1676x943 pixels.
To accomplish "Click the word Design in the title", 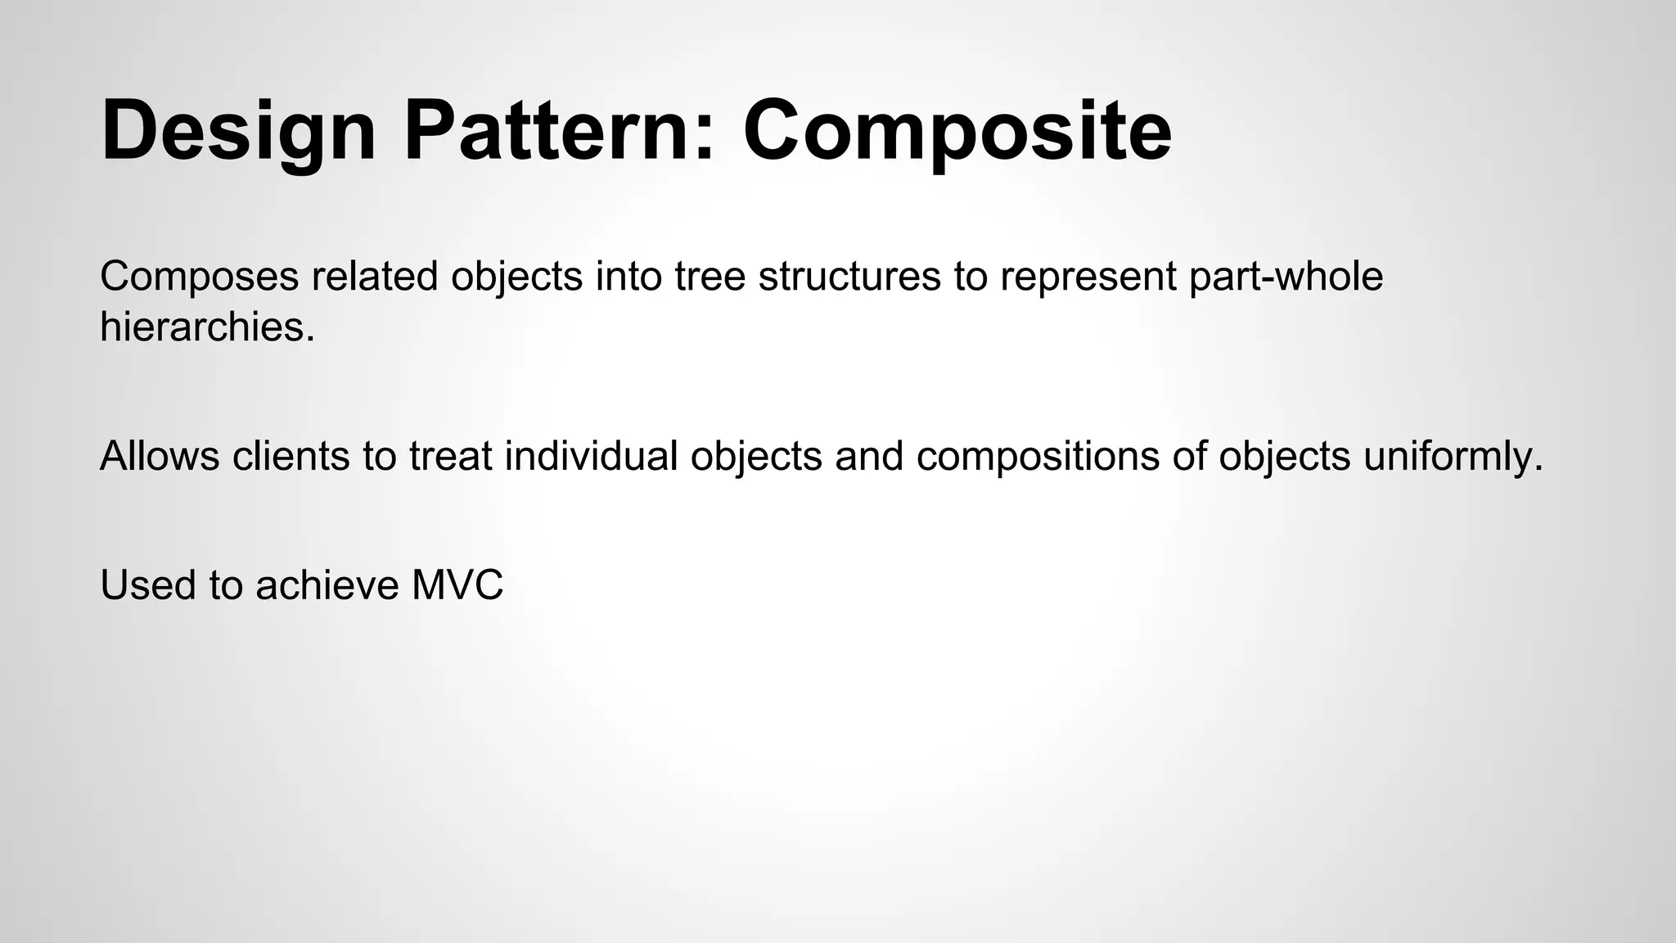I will [237, 131].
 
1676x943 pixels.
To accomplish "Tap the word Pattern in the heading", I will [558, 131].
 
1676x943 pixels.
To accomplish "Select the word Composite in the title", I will [957, 131].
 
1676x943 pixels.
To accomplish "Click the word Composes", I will [200, 277].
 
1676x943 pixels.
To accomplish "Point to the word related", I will [374, 277].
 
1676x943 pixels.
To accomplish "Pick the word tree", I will [710, 277].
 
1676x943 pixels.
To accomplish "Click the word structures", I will [849, 277].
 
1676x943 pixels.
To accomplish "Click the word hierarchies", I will [207, 327].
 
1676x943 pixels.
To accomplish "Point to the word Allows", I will [160, 456].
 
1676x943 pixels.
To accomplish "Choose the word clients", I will [291, 456].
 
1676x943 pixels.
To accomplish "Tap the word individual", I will [591, 456].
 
